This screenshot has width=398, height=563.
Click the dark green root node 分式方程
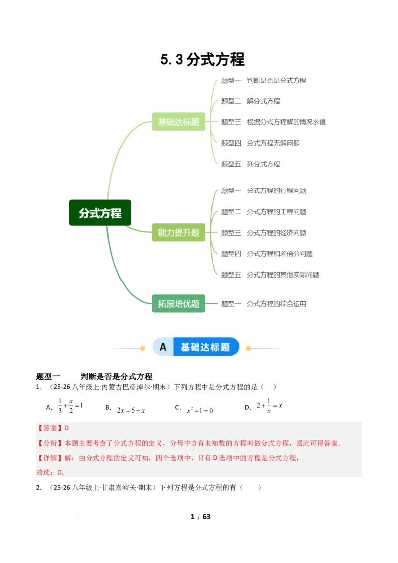100,213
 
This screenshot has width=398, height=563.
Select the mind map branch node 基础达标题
179,122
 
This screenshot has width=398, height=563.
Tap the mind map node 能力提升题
179,232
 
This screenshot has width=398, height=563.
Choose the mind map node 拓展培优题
179,304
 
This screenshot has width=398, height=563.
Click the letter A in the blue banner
163,347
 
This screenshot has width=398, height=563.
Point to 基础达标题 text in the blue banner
205,347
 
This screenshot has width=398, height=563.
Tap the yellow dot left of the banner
143,348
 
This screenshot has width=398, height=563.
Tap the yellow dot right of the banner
248,348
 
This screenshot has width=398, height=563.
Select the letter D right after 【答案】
67,428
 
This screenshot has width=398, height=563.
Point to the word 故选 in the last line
43,473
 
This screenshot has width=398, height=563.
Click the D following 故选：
59,473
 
